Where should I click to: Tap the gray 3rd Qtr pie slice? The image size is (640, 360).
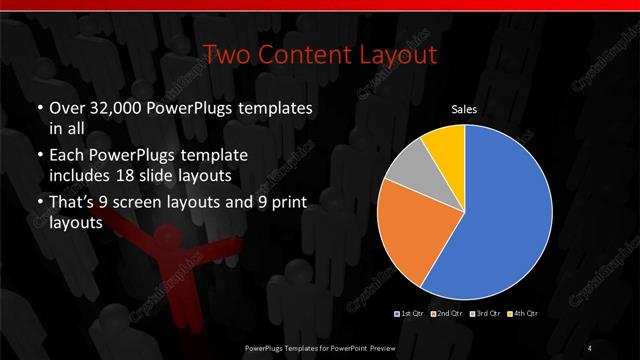click(410, 169)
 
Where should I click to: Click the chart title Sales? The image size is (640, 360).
click(464, 110)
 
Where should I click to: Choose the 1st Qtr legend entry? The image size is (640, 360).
click(411, 315)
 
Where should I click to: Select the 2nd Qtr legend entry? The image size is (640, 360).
click(446, 315)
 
